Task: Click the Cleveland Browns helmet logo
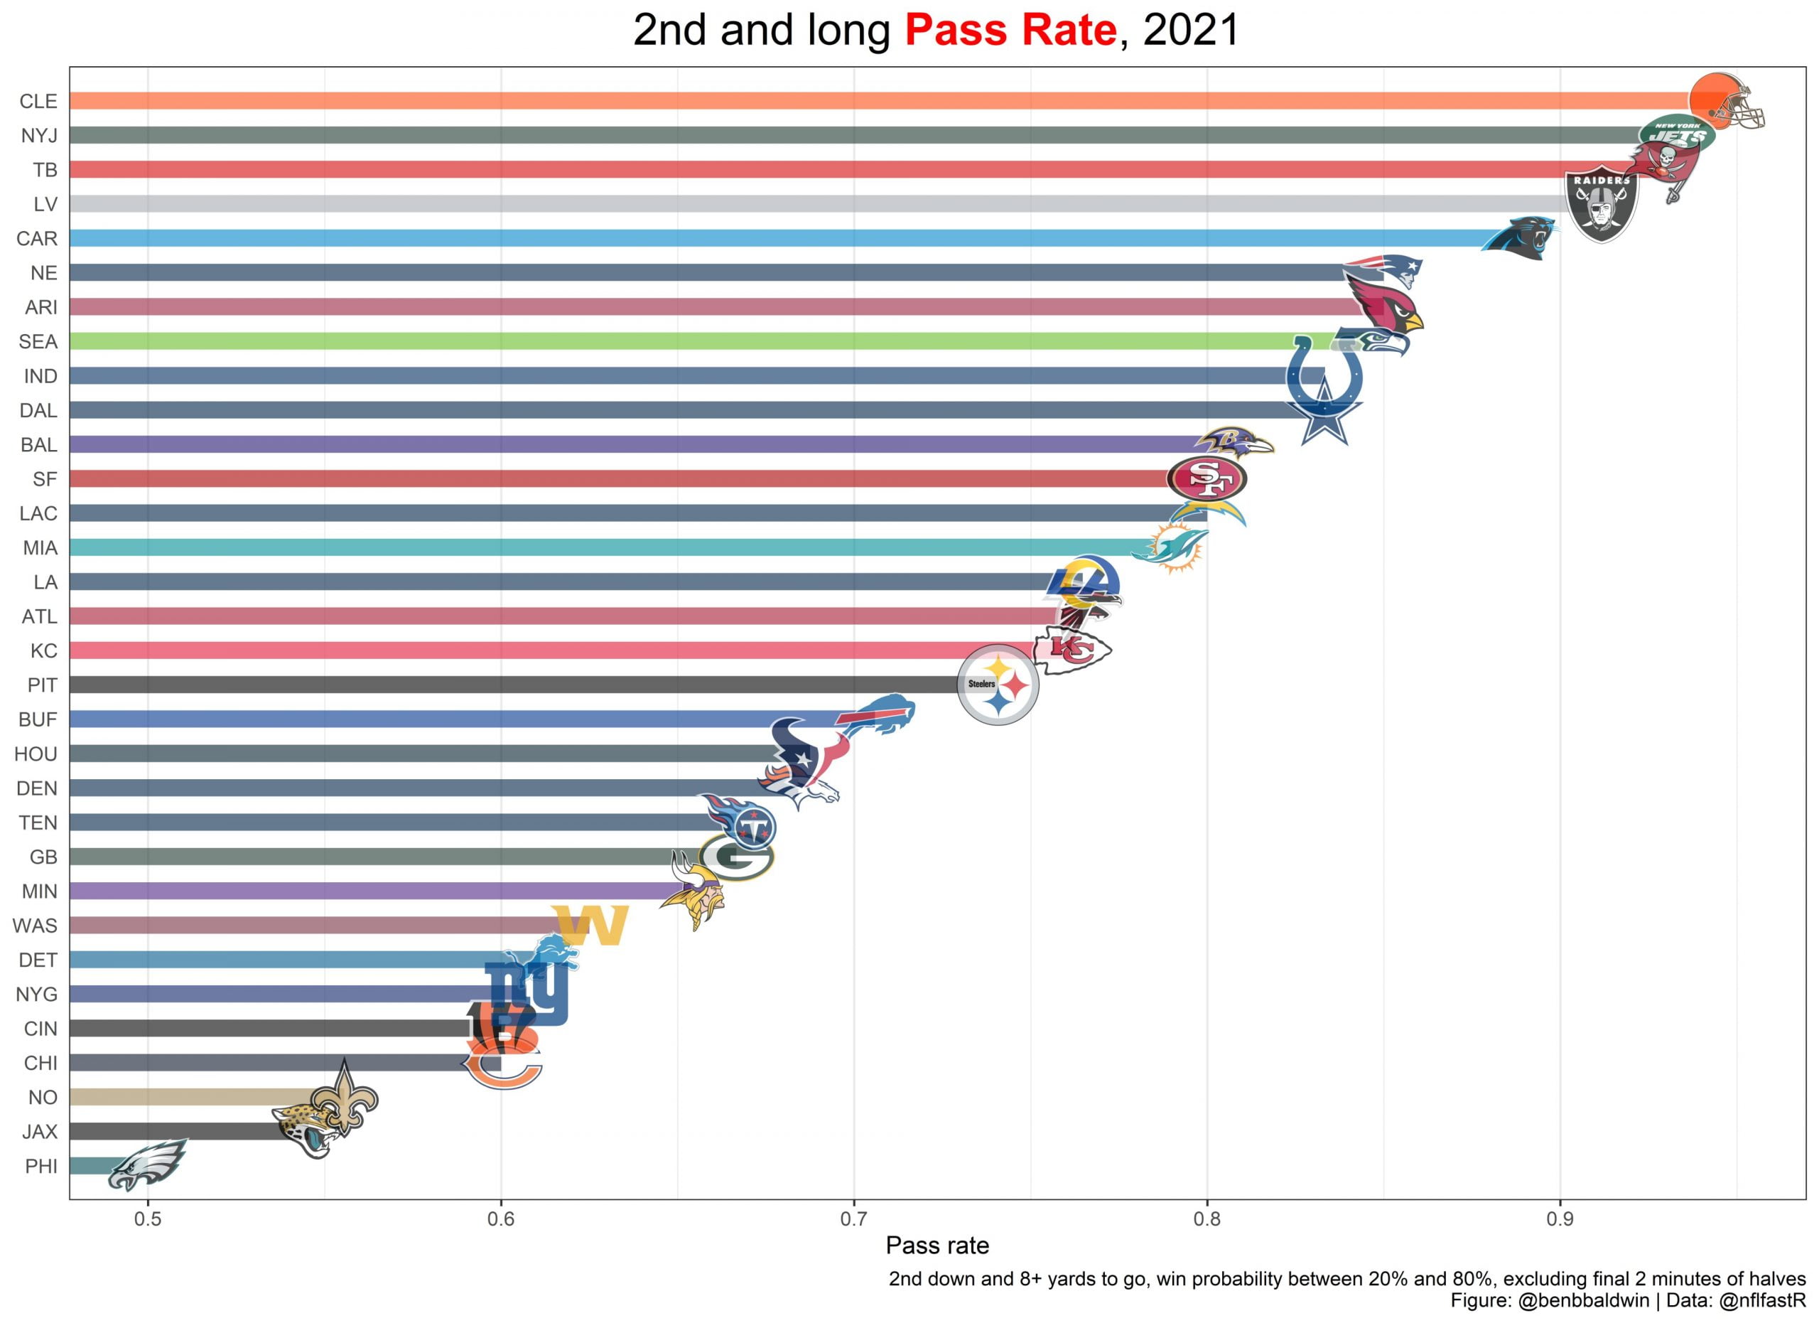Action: coord(1725,101)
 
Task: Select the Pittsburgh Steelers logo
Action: coord(998,685)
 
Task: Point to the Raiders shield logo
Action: coord(1602,203)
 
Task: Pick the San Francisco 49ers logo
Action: coord(1207,479)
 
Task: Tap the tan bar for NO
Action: coord(193,1097)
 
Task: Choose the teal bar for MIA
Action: coord(602,547)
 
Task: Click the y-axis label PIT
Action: coord(42,685)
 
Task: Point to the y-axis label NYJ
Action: coord(38,136)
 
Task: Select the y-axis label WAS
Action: coord(35,926)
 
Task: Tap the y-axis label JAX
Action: coord(39,1132)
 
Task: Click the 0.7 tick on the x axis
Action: coord(853,1219)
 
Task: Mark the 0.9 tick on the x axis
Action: coord(1559,1219)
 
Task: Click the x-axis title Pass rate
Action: coord(937,1246)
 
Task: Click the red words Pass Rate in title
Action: coord(1010,31)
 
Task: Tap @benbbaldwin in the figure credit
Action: coord(1583,1300)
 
